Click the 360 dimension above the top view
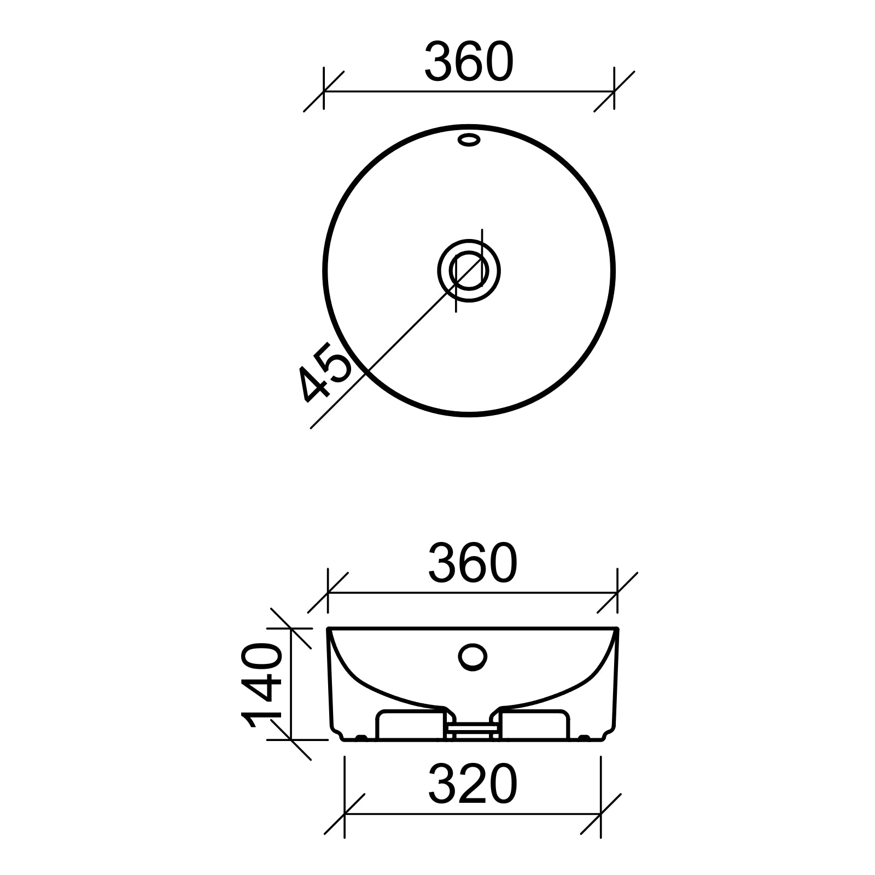click(x=469, y=62)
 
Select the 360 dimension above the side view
click(x=472, y=563)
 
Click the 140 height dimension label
click(x=261, y=687)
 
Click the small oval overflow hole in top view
click(x=469, y=140)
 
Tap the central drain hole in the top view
click(x=469, y=270)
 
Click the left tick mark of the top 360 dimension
click(x=324, y=91)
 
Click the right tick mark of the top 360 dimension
click(x=614, y=91)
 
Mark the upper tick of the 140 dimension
click(x=291, y=628)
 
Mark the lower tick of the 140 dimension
click(x=291, y=740)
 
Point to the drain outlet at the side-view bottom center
click(x=472, y=731)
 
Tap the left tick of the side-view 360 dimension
click(x=328, y=592)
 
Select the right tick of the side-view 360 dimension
click(x=617, y=592)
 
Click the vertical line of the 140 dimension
click(x=291, y=684)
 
